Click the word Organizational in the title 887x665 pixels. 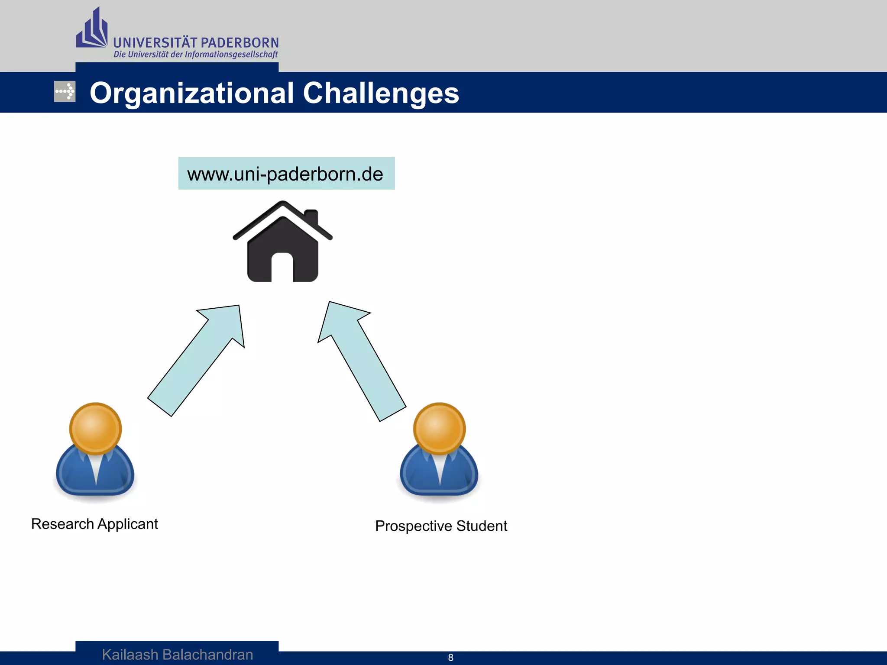pyautogui.click(x=192, y=93)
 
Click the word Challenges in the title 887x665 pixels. pyautogui.click(x=381, y=93)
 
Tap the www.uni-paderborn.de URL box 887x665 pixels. pyautogui.click(x=286, y=173)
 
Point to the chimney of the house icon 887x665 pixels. pyautogui.click(x=311, y=216)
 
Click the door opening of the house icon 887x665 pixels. pyautogui.click(x=282, y=268)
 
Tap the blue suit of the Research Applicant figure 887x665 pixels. pyautogui.click(x=74, y=474)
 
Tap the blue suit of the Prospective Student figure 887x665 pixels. pyautogui.click(x=418, y=474)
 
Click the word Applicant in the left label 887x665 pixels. pyautogui.click(x=127, y=524)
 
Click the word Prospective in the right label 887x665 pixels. pyautogui.click(x=413, y=526)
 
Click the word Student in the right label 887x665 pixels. pyautogui.click(x=481, y=526)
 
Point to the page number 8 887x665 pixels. pyautogui.click(x=450, y=658)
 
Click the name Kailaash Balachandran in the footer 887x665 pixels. pyautogui.click(x=177, y=655)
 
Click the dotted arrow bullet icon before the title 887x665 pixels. pyautogui.click(x=65, y=91)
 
